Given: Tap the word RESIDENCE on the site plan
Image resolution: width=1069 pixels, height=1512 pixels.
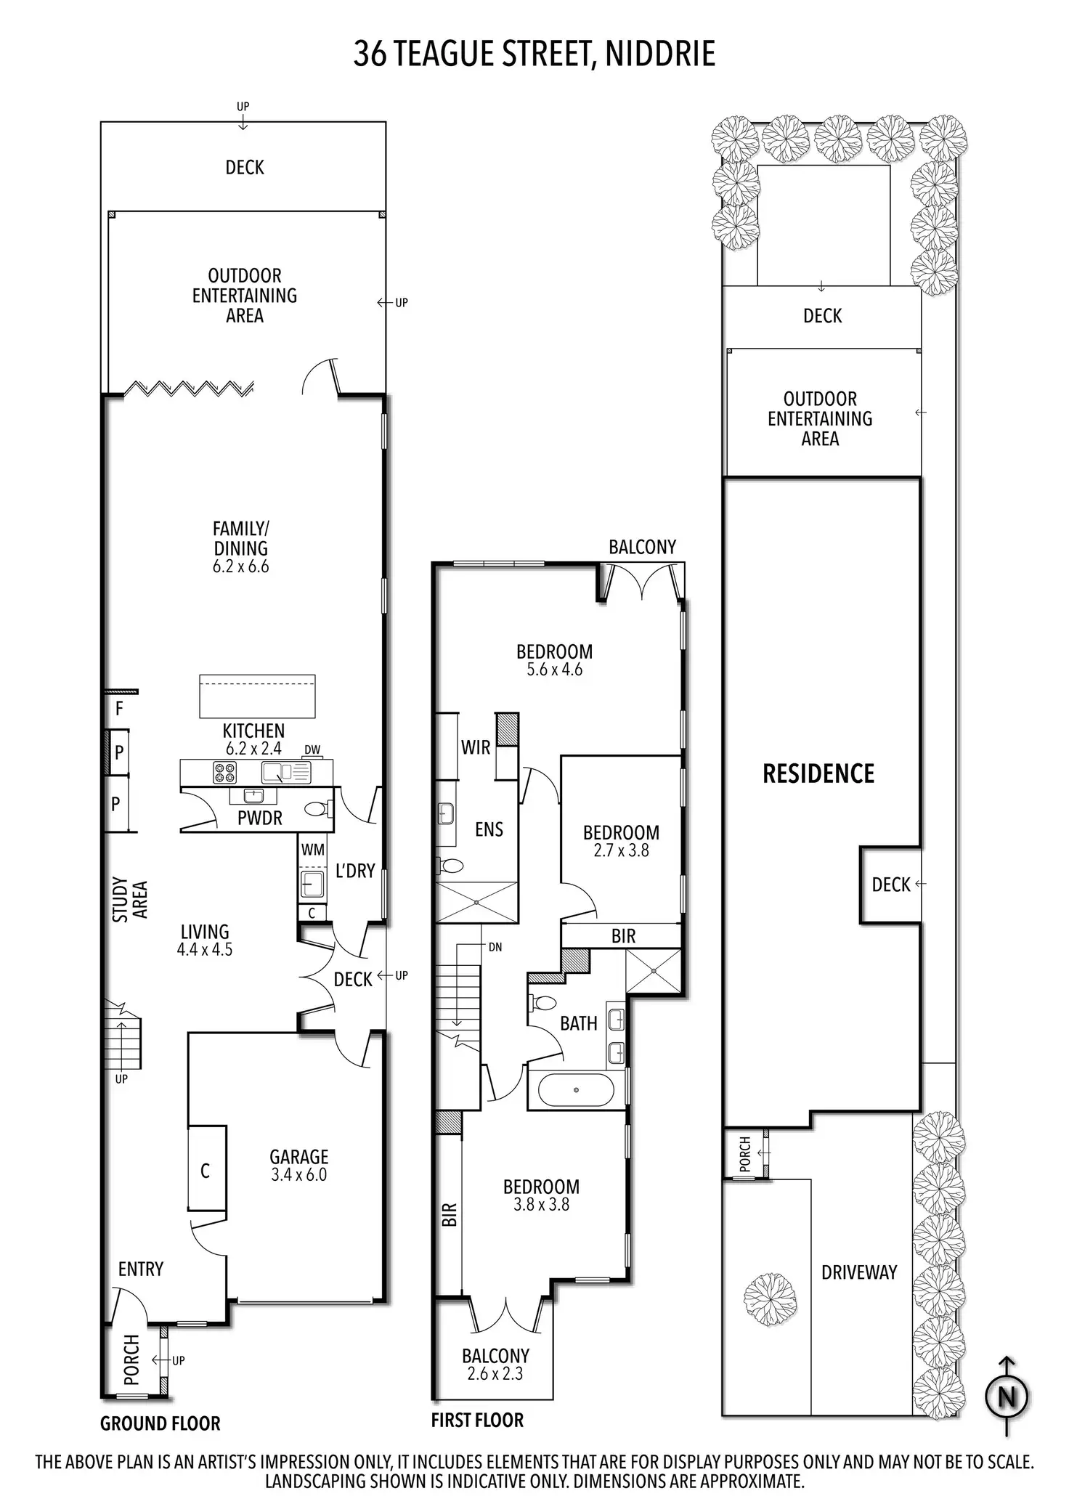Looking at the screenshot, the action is coord(818,773).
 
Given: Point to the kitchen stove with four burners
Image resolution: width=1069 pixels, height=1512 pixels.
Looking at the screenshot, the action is coord(224,772).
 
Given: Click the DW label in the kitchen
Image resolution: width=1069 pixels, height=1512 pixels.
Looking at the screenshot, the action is coord(312,749).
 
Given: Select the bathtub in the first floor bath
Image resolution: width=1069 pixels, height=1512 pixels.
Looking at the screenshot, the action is coord(577,1090).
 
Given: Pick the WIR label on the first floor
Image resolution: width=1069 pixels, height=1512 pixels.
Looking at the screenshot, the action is coord(476,747).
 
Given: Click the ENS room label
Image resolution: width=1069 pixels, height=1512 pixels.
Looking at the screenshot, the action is coord(489,829).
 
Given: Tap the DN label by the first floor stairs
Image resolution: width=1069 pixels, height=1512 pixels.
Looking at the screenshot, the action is coord(495,947).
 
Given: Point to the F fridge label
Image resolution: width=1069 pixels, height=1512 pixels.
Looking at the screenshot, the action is coord(120,708).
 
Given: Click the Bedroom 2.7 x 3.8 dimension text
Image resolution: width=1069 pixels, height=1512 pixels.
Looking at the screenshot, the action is coord(621,850).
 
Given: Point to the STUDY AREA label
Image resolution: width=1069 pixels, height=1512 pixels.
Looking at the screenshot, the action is coord(130,900).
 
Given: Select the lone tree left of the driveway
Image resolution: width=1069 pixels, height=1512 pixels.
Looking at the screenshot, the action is coord(770,1301).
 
